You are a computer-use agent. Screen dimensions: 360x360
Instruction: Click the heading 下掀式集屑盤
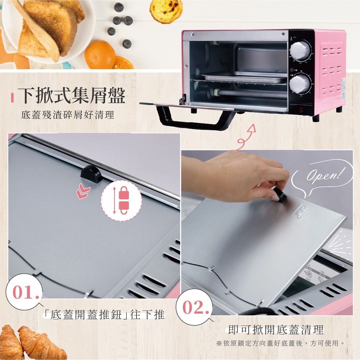tap(72, 96)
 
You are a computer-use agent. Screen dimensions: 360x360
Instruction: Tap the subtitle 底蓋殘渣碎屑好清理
tap(68, 115)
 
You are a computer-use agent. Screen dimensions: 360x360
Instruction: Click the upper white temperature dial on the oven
tap(300, 50)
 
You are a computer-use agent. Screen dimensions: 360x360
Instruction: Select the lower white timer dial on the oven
tap(300, 83)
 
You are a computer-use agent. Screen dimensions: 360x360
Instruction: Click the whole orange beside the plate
tap(100, 54)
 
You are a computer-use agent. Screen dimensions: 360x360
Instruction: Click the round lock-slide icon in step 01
tap(121, 200)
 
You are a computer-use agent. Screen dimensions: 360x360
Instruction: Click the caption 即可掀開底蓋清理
tap(276, 329)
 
